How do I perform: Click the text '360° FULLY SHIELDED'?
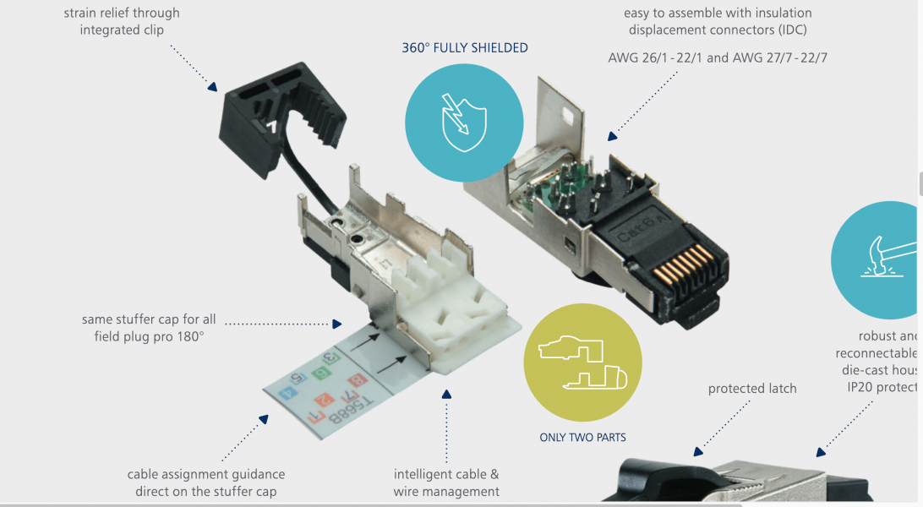click(465, 48)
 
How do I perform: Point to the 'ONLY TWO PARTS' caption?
click(582, 437)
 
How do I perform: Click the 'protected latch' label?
click(752, 389)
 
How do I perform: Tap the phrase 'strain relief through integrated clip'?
click(122, 21)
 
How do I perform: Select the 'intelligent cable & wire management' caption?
click(446, 482)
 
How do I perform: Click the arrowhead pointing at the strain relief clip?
click(210, 85)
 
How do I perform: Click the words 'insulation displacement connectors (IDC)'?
click(718, 21)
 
